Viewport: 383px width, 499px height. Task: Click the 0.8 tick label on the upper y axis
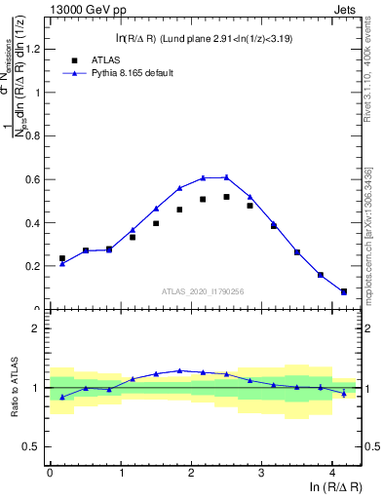(35, 135)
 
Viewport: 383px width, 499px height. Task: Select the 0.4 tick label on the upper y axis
(35, 222)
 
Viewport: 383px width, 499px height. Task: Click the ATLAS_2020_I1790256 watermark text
(201, 290)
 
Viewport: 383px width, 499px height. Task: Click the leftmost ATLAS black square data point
(62, 258)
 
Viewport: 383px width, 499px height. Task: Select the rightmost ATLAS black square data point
(344, 291)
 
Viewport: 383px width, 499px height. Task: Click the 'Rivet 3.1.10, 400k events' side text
(371, 68)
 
